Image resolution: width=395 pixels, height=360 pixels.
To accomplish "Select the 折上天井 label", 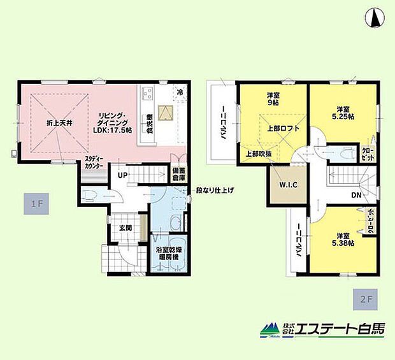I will pos(57,122).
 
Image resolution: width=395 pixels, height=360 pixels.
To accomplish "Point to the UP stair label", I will pos(120,173).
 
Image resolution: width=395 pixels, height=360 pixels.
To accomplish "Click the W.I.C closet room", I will pos(284,185).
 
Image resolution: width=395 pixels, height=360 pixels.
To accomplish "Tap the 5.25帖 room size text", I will pos(343,117).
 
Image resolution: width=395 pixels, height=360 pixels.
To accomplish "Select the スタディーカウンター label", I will pos(96,163).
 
